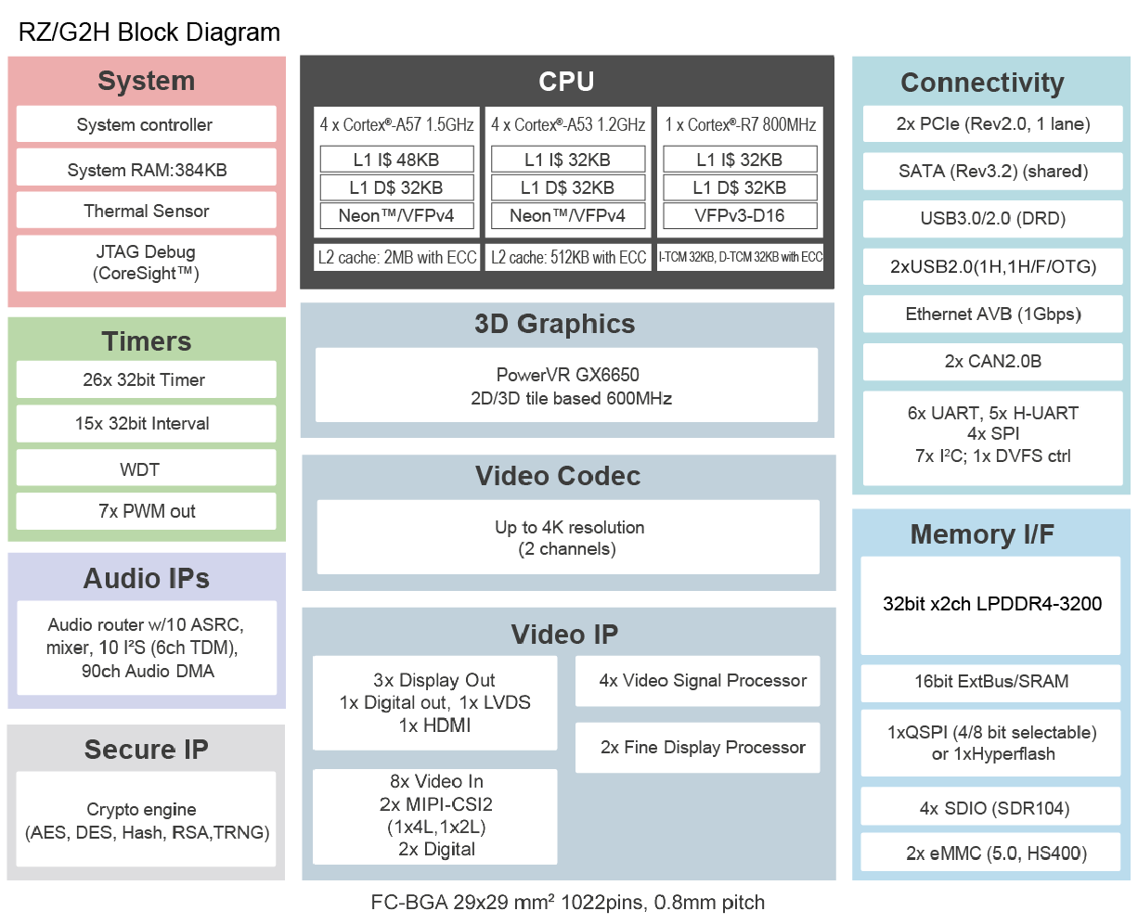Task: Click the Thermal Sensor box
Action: pos(146,211)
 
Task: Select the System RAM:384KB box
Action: pos(146,168)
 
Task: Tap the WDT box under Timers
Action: pos(146,468)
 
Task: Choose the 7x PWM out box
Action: pos(146,511)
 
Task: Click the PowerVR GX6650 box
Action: pos(566,385)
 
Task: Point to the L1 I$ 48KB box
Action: pos(396,159)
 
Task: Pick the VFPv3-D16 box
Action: pos(740,215)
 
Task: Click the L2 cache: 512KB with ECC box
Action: pos(568,257)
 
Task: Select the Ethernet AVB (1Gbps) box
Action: pos(992,314)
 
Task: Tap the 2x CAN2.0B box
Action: pos(992,362)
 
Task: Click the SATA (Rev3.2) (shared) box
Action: pos(992,172)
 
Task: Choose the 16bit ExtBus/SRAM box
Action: pos(990,682)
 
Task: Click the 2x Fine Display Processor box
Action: pos(697,748)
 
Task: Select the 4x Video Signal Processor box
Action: pos(697,681)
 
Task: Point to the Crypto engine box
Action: pos(146,819)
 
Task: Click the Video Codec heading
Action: pos(558,476)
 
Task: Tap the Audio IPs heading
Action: pos(147,578)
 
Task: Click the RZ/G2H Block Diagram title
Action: pos(149,32)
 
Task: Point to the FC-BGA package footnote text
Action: pos(567,902)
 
